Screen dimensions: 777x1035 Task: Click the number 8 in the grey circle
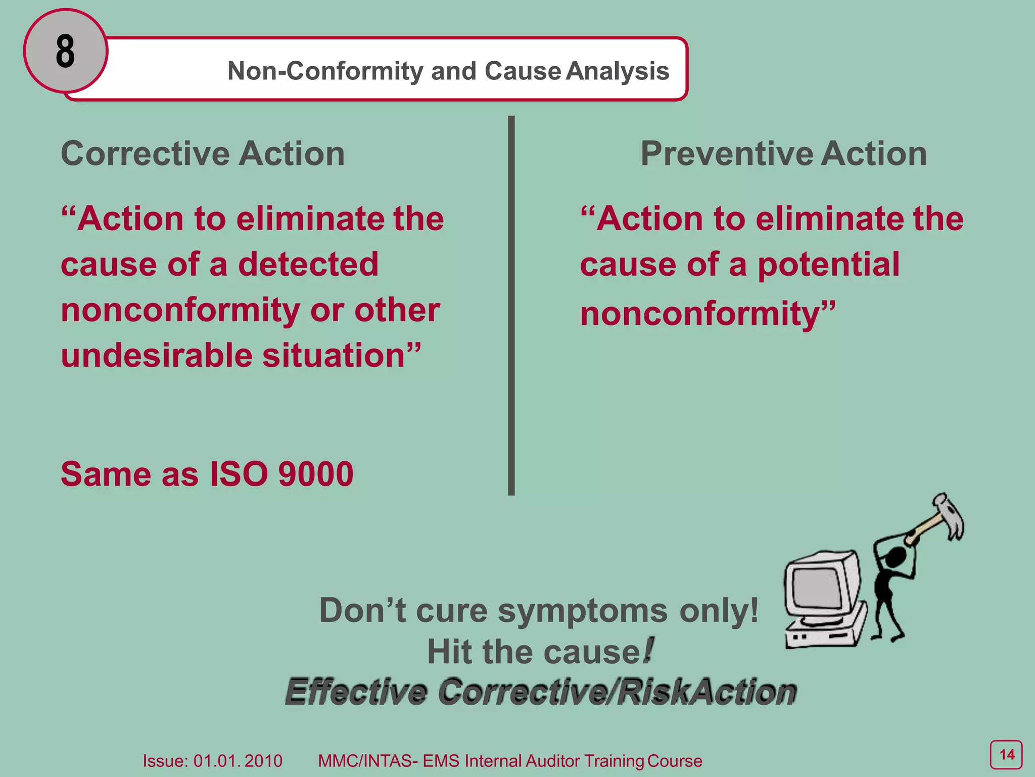coord(65,51)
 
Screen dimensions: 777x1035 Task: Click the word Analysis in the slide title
coord(618,71)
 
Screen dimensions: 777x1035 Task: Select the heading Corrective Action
coord(203,153)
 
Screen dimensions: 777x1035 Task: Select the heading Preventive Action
coord(783,153)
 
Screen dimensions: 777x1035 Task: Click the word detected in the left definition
coord(308,264)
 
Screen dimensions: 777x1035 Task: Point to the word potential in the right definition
coord(828,264)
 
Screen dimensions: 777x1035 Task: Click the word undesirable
coord(157,355)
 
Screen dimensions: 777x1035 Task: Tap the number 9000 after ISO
coord(316,474)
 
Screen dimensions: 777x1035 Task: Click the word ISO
coord(239,474)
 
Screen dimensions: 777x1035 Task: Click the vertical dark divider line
coord(511,304)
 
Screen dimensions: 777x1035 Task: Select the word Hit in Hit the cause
coord(450,652)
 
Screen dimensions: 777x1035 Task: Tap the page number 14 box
coord(1006,755)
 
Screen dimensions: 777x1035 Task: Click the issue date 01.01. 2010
coord(238,761)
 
